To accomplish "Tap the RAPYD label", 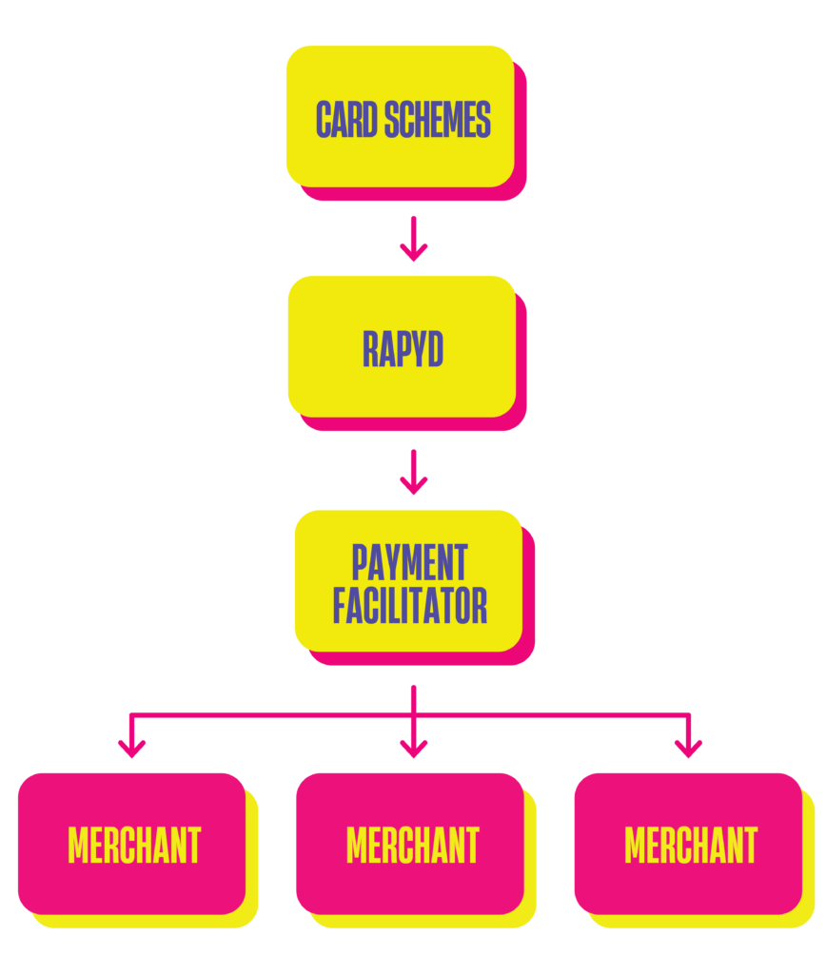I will click(403, 350).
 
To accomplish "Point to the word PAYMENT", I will click(409, 562).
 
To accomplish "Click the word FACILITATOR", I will click(409, 606).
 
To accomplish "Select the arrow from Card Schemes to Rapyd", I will click(413, 239).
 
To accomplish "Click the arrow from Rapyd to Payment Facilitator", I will click(413, 472).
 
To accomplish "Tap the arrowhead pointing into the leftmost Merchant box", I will click(131, 748).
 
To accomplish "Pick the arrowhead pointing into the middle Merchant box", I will click(413, 748).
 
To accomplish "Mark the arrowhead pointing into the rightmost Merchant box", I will click(687, 748).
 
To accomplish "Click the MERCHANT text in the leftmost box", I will click(134, 845).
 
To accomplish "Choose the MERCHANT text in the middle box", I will click(412, 845).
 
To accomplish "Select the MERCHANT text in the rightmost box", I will click(691, 845).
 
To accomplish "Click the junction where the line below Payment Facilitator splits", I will click(413, 714).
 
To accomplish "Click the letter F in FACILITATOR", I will click(341, 606).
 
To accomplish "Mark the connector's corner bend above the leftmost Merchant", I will click(131, 714).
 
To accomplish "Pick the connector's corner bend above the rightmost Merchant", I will click(687, 714).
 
